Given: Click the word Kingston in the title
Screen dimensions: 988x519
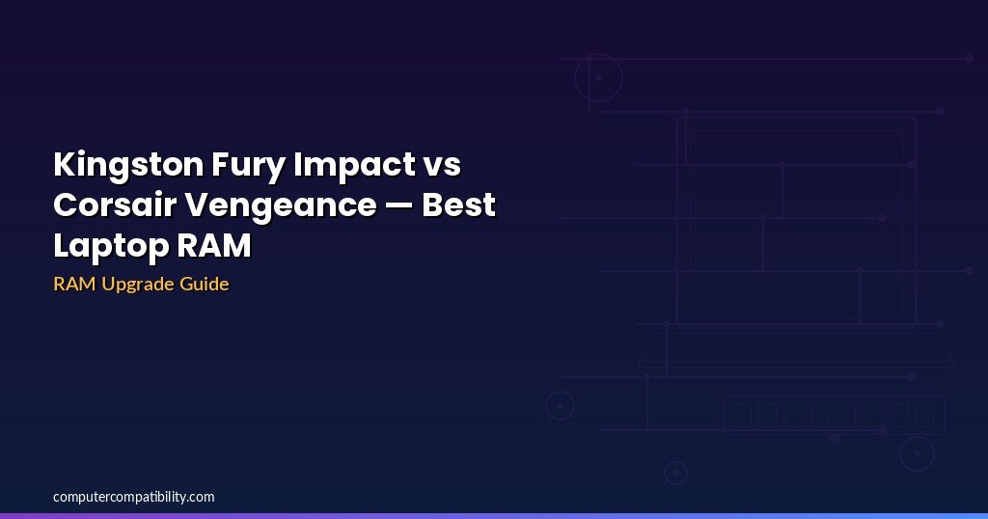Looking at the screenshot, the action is click(x=128, y=166).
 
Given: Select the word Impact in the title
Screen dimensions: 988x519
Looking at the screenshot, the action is click(x=354, y=166).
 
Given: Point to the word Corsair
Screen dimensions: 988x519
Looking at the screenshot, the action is click(x=114, y=205).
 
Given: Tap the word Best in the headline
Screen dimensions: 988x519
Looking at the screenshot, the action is click(x=458, y=205).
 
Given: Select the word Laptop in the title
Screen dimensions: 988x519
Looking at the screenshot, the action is click(x=111, y=246).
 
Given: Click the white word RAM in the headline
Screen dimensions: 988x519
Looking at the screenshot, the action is click(x=214, y=246).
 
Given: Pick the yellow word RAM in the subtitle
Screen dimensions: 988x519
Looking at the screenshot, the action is click(x=74, y=284).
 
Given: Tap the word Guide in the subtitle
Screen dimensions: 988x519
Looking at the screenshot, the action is click(x=205, y=284).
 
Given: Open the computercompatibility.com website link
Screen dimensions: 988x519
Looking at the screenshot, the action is click(x=133, y=497).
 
